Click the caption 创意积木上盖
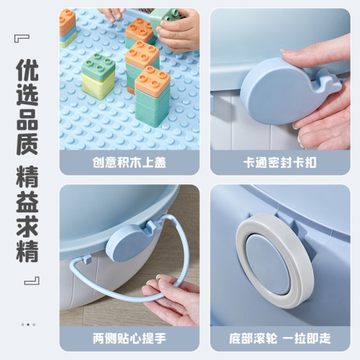(x=130, y=163)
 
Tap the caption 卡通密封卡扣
(x=279, y=163)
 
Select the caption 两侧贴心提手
(x=130, y=337)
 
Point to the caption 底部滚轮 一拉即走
(x=279, y=337)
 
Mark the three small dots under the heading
(x=28, y=324)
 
